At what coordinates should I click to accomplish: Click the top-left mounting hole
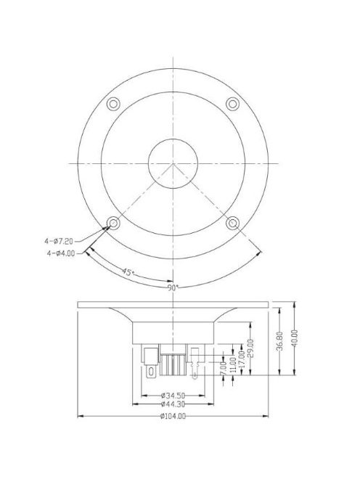click(112, 103)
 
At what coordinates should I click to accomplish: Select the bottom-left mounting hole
click(112, 222)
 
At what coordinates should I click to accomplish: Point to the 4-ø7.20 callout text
click(60, 237)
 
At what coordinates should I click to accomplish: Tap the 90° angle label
click(172, 287)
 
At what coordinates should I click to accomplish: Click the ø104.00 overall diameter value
click(172, 416)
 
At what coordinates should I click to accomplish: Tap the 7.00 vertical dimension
click(223, 369)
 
